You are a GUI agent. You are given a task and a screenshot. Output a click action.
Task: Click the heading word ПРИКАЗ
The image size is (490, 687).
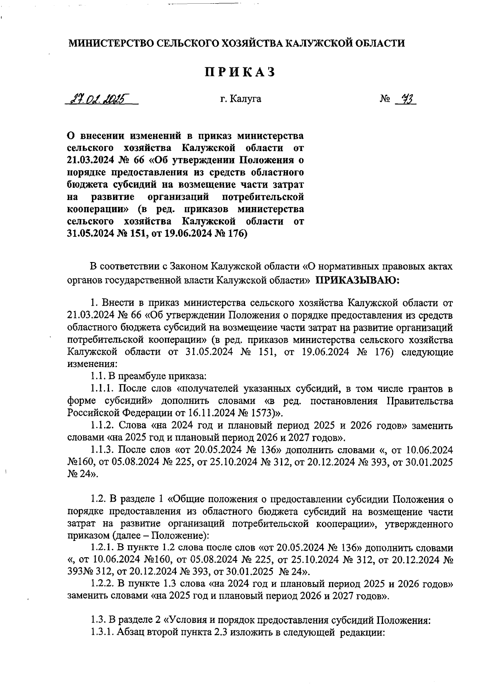239,72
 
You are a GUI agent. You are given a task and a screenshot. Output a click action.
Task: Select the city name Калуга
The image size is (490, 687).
245,99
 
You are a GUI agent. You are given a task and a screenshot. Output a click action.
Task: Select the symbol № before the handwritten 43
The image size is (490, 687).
385,99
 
